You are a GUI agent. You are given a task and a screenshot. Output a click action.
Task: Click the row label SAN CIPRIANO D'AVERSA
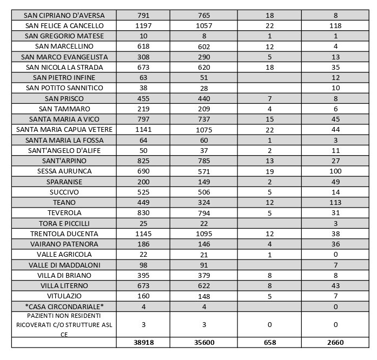[x=64, y=16]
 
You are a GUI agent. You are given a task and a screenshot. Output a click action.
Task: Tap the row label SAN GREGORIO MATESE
[x=64, y=36]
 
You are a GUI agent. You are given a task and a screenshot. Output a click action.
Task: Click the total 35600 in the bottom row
[x=207, y=343]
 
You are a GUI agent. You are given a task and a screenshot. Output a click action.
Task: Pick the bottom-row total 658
[x=270, y=343]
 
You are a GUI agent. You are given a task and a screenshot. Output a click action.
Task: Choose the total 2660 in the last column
[x=335, y=343]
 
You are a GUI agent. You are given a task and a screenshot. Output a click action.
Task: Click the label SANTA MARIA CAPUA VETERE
[x=64, y=130]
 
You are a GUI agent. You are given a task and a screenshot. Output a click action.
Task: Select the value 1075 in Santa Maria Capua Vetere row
[x=207, y=130]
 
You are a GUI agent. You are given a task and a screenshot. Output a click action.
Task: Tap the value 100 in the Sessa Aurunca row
[x=335, y=171]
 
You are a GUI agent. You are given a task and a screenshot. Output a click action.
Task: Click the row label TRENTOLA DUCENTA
[x=64, y=234]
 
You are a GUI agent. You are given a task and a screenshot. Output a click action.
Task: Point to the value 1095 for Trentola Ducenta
[x=207, y=234]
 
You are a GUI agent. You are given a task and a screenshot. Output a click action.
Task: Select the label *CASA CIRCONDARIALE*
[x=64, y=306]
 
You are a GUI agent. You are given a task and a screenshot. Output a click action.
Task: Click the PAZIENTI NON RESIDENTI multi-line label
[x=64, y=324]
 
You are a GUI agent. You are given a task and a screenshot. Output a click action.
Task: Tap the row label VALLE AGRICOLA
[x=64, y=255]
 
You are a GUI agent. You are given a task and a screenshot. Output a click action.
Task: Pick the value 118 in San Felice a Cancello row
[x=335, y=26]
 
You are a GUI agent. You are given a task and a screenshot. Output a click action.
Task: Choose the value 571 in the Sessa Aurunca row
[x=207, y=171]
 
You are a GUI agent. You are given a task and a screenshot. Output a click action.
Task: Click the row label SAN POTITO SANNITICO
[x=64, y=88]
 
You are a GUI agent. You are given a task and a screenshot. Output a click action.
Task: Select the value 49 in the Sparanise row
[x=335, y=182]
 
